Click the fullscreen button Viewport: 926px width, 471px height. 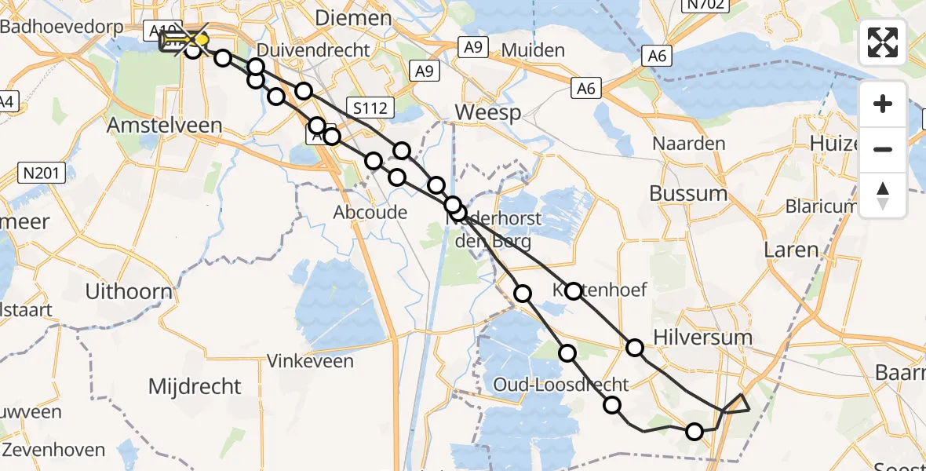pyautogui.click(x=883, y=42)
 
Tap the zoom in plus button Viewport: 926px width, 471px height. pyautogui.click(x=883, y=104)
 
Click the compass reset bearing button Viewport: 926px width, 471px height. pyautogui.click(x=883, y=194)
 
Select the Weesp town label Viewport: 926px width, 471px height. pyautogui.click(x=487, y=113)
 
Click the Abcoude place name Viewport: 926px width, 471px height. pyautogui.click(x=370, y=212)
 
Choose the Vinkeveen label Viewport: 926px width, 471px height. pyautogui.click(x=310, y=362)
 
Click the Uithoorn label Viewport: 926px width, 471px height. pyautogui.click(x=129, y=292)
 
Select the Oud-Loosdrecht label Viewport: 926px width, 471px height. pyautogui.click(x=562, y=385)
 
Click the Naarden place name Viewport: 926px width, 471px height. pyautogui.click(x=689, y=144)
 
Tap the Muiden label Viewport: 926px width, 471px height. pyautogui.click(x=533, y=51)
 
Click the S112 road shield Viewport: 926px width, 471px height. pyautogui.click(x=370, y=108)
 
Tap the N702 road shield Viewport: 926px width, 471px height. pyautogui.click(x=704, y=6)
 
